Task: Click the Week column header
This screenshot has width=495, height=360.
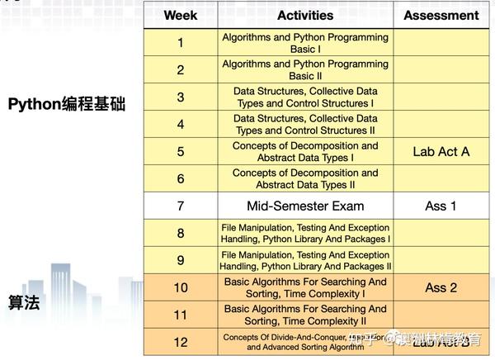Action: tap(181, 15)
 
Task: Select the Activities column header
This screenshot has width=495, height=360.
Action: tap(305, 15)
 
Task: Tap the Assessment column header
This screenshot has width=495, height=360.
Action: tap(441, 15)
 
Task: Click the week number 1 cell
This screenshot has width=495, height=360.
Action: tap(181, 43)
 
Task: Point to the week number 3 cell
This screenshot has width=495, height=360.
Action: tap(181, 97)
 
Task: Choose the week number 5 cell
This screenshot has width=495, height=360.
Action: tap(181, 152)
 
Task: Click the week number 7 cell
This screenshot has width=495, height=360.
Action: tap(181, 206)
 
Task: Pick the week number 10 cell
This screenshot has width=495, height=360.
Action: tap(181, 287)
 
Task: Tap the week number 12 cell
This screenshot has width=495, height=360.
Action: tap(181, 341)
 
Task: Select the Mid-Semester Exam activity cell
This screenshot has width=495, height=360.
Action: tap(305, 206)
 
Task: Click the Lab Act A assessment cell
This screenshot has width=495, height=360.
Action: tap(441, 152)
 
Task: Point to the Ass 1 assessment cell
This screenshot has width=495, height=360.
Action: tap(441, 206)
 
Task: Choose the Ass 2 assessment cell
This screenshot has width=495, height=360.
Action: tap(441, 287)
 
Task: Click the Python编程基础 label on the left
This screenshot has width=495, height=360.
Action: tap(67, 105)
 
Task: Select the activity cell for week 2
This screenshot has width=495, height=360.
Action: tap(305, 70)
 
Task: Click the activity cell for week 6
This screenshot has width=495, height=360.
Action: tap(305, 178)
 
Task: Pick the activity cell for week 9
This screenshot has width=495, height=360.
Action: tap(305, 260)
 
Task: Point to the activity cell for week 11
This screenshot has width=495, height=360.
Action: tap(305, 315)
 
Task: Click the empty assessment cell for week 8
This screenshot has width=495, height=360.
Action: tap(441, 233)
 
